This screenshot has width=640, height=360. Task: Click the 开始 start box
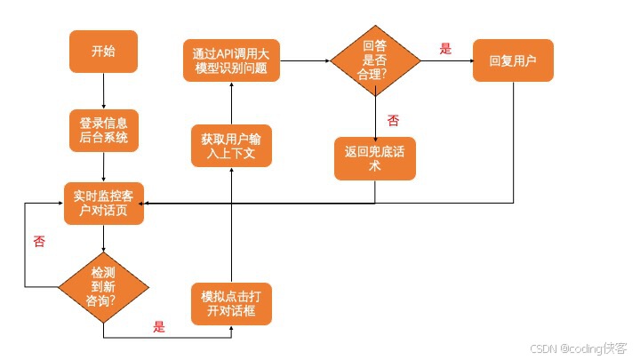[104, 52]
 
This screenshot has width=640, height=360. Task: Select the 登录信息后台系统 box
[104, 130]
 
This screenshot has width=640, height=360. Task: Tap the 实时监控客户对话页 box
[104, 203]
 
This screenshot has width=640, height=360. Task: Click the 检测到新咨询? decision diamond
[104, 286]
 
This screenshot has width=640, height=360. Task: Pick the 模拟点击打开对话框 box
[231, 304]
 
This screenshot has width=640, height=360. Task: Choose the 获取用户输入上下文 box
[231, 146]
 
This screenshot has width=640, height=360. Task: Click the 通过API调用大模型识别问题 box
[231, 60]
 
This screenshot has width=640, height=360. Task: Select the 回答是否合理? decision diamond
[375, 60]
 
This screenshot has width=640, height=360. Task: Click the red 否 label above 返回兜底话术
[393, 119]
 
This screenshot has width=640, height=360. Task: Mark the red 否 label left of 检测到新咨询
[39, 241]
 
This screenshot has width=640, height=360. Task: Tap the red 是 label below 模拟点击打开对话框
[160, 326]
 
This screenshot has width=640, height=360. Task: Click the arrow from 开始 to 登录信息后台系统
[104, 91]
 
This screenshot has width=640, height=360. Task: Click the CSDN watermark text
[579, 348]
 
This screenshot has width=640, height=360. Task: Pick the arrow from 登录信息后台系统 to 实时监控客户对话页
[104, 166]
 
